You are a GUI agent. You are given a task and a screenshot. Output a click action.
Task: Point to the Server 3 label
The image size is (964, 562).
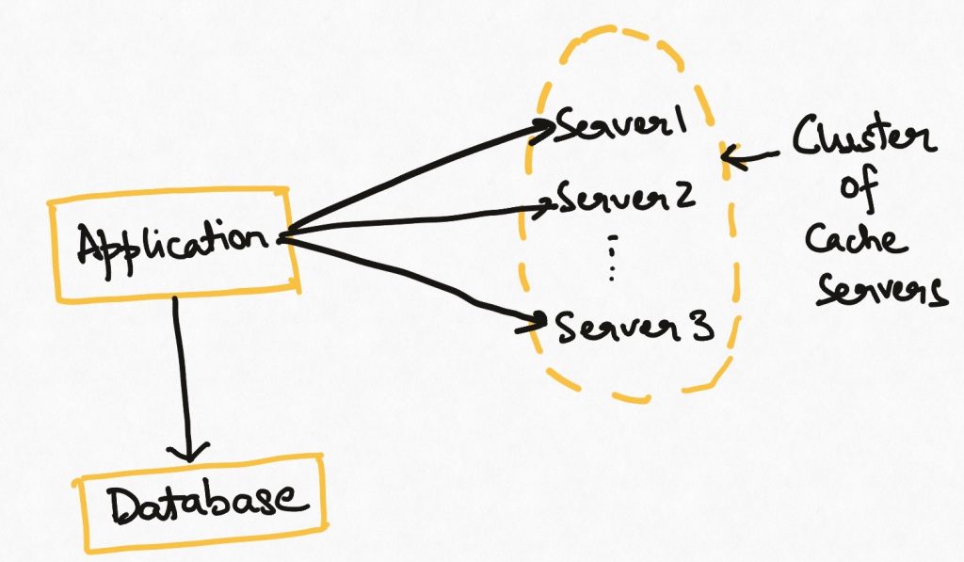coord(634,326)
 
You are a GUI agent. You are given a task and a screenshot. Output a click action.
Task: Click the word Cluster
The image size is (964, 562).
coord(864,137)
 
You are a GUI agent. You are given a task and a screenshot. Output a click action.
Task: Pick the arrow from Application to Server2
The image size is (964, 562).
coord(416,220)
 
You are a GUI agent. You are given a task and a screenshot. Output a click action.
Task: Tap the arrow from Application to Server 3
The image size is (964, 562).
coord(412,280)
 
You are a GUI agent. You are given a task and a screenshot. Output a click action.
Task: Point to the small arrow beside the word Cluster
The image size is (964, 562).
coord(750,156)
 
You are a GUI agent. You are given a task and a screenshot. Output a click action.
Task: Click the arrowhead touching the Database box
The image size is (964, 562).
coord(188,452)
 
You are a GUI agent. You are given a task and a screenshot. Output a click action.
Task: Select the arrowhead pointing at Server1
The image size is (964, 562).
coord(542,130)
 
